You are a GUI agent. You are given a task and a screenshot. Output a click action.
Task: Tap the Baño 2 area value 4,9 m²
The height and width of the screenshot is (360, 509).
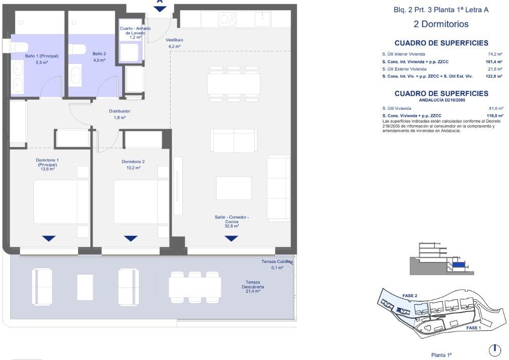(99, 60)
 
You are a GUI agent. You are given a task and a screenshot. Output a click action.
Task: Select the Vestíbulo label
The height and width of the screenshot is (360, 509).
(175, 40)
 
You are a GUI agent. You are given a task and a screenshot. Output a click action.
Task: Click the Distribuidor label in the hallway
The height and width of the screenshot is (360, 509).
(119, 111)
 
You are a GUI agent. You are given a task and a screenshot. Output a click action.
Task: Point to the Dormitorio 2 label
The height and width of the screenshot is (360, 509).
(133, 162)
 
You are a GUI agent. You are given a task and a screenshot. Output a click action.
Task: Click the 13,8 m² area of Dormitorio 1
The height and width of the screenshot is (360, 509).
(47, 169)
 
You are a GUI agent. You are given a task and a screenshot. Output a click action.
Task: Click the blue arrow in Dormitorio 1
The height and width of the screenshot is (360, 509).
(49, 238)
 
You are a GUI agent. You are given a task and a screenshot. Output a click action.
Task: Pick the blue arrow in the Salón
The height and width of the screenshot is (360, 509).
(231, 238)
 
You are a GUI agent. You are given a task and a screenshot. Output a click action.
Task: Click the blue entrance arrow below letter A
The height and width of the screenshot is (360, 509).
(160, 9)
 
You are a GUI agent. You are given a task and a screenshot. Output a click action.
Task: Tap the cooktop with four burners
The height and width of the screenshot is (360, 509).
(227, 19)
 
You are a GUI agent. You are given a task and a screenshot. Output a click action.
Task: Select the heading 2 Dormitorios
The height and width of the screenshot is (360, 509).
(441, 24)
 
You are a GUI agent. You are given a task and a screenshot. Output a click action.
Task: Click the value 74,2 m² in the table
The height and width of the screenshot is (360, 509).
(495, 54)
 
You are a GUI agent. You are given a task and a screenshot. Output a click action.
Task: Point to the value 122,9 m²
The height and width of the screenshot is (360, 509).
(494, 76)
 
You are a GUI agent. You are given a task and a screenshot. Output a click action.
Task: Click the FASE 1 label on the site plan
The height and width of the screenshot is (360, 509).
(473, 328)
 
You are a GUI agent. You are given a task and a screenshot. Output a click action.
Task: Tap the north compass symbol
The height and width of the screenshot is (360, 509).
(495, 350)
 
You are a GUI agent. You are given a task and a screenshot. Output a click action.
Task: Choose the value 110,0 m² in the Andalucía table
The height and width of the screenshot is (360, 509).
(495, 115)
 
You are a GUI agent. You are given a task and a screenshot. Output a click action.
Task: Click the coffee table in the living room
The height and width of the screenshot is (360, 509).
(233, 188)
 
